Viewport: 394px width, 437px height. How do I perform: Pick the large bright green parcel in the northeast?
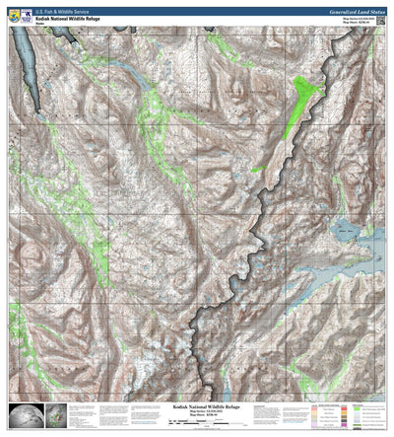305,99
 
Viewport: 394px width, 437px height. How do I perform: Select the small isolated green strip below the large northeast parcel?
258,169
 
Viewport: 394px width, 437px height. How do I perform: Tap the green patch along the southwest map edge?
16,326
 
